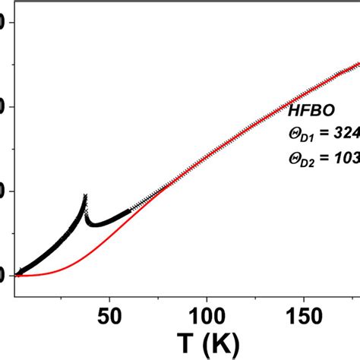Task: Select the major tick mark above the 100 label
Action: pos(207,295)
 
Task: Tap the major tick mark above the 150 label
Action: pos(303,295)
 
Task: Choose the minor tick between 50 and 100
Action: pos(159,296)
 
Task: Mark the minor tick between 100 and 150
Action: pos(255,296)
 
